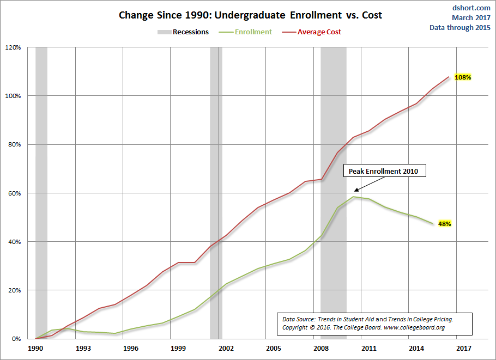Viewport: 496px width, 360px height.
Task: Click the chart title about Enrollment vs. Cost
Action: coord(250,15)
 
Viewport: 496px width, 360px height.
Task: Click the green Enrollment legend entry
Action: coord(253,32)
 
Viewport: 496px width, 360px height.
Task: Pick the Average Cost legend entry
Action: coord(319,32)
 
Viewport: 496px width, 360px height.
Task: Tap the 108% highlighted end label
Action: coord(462,77)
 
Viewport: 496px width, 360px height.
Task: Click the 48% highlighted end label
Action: coord(445,224)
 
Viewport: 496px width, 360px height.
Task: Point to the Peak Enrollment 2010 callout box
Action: coord(384,172)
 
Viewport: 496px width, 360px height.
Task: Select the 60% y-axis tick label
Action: coord(14,193)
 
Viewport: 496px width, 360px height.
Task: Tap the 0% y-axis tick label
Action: coord(16,339)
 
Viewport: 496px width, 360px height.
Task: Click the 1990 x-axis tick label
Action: coord(35,348)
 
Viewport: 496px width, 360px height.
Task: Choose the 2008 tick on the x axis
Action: coord(320,348)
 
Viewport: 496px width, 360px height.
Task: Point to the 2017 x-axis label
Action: coord(463,348)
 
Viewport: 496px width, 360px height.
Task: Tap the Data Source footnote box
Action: coord(375,324)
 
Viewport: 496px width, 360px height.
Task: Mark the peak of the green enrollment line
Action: coord(354,197)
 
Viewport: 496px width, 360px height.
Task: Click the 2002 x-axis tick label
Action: coord(226,348)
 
